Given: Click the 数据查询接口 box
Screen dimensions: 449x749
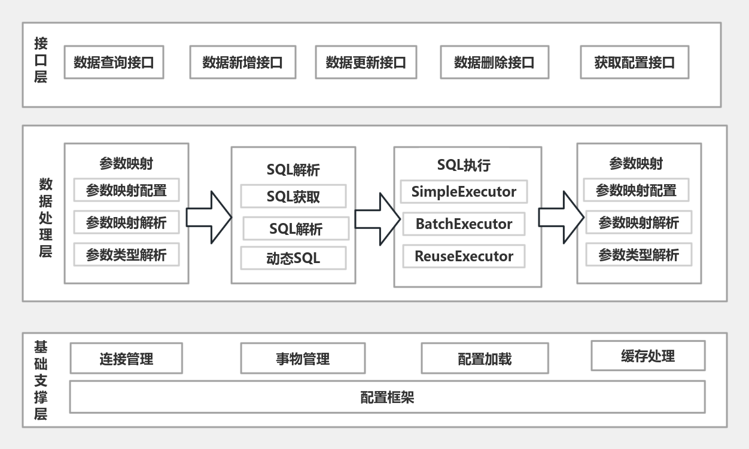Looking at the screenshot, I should coord(113,62).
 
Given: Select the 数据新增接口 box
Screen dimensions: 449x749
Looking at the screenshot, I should coord(242,62).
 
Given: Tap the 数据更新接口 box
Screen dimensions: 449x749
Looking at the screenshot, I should coord(366,62).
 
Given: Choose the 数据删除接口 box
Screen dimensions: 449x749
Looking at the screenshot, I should coord(494,62).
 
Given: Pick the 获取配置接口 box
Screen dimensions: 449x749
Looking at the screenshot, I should coord(634,62).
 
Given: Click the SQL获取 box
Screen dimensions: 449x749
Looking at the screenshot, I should coord(293,196).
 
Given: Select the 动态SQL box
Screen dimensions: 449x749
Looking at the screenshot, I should coord(293,258).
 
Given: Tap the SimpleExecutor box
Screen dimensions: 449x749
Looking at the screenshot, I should coord(464,192).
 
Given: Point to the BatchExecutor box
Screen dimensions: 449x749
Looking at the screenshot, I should coord(464,224).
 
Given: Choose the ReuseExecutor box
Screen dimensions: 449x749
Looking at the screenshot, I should coord(464,256).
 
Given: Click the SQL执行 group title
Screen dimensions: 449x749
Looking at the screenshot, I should coord(464,165).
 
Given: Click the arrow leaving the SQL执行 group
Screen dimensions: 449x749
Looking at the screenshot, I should coord(560,217).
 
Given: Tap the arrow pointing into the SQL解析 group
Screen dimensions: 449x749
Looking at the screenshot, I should coord(208,217).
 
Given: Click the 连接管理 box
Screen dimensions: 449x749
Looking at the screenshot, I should coord(126,359).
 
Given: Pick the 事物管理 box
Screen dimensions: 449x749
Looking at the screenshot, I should coord(303,359).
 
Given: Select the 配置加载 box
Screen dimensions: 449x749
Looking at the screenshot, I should coord(485,359).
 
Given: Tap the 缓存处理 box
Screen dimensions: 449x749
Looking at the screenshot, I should coord(648,356).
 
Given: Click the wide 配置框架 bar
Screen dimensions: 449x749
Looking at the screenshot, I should coord(387,397).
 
